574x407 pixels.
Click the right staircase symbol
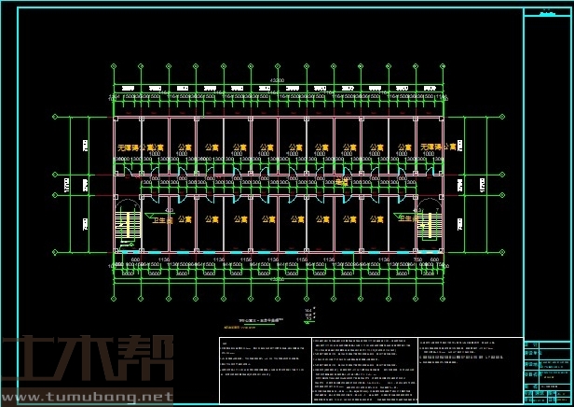pyautogui.click(x=430, y=224)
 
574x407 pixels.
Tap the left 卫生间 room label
pyautogui.click(x=164, y=219)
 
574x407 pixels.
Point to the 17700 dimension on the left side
pyautogui.click(x=66, y=185)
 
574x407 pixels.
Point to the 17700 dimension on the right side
pyautogui.click(x=483, y=185)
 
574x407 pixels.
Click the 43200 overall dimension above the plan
pyautogui.click(x=277, y=80)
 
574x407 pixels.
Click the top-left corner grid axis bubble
pyautogui.click(x=113, y=66)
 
